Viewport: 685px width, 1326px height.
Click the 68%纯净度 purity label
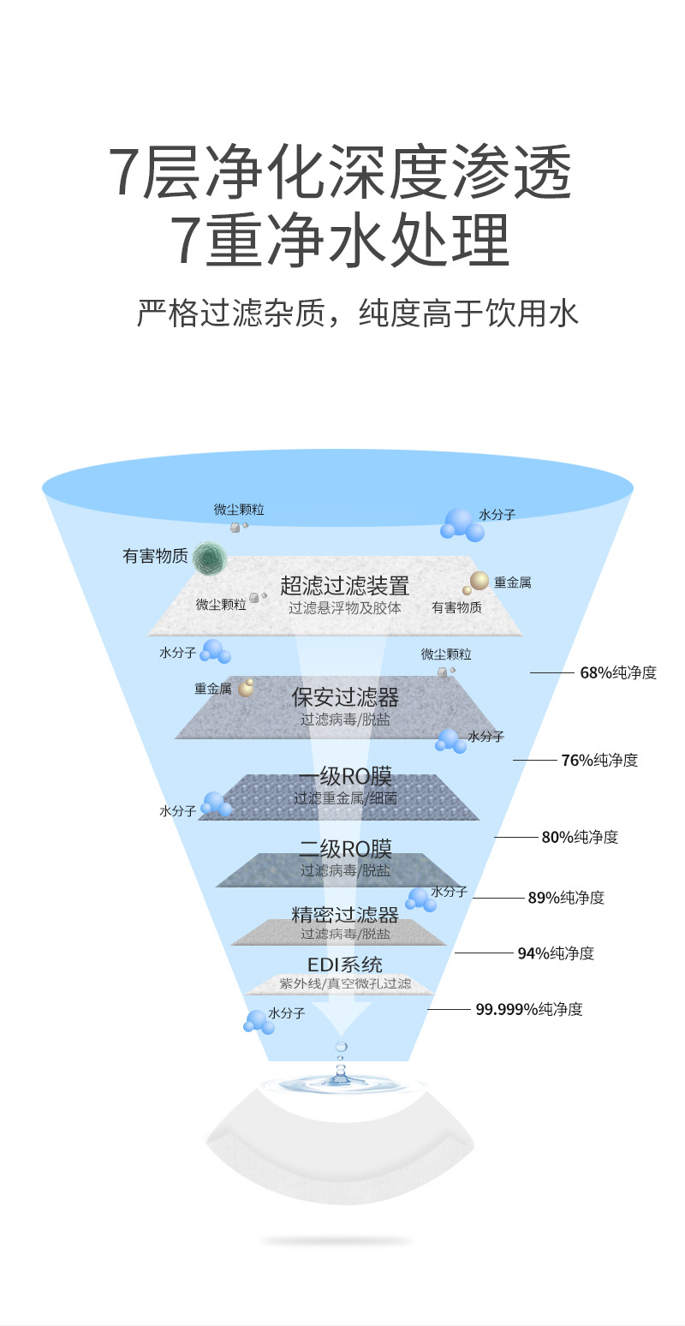[618, 672]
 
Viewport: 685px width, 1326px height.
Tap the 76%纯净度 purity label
[599, 760]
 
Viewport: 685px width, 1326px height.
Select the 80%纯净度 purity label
[580, 837]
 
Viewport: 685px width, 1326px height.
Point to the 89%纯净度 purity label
[566, 898]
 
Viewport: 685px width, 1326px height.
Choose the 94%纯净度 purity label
[556, 953]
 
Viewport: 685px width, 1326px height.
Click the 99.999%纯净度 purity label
[529, 1009]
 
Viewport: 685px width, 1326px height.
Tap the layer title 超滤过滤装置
[344, 586]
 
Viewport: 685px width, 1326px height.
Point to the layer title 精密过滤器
[344, 915]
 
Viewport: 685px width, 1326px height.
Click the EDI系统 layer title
[344, 965]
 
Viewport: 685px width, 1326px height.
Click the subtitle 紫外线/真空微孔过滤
[344, 983]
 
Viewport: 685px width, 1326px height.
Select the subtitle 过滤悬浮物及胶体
[344, 607]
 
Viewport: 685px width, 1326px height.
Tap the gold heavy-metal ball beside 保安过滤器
[247, 687]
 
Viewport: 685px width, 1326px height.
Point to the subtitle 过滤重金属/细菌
[344, 798]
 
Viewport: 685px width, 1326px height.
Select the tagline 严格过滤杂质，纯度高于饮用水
[358, 314]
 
